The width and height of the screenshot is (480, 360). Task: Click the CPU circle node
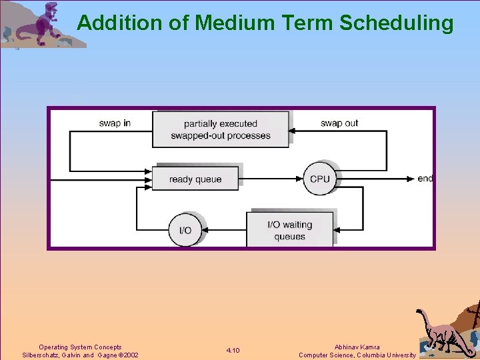(x=320, y=179)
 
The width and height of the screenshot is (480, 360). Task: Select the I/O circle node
(x=185, y=230)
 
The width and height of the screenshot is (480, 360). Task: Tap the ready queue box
(x=195, y=179)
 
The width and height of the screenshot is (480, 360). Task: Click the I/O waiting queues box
(x=289, y=230)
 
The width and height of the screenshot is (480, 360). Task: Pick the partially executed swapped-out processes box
(x=221, y=129)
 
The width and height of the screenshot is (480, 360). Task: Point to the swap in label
(x=115, y=123)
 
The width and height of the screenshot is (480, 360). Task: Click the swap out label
(x=339, y=123)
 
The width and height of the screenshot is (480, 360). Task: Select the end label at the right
(x=425, y=179)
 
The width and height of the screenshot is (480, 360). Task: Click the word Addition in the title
(x=119, y=23)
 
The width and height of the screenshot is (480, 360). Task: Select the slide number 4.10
(x=233, y=351)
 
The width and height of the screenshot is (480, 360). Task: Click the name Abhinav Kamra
(x=357, y=347)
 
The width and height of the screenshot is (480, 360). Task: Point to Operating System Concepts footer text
(x=80, y=347)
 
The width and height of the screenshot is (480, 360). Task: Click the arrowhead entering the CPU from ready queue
(x=301, y=179)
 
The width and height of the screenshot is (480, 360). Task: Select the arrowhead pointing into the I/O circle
(x=204, y=230)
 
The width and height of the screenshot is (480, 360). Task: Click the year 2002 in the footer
(x=130, y=355)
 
